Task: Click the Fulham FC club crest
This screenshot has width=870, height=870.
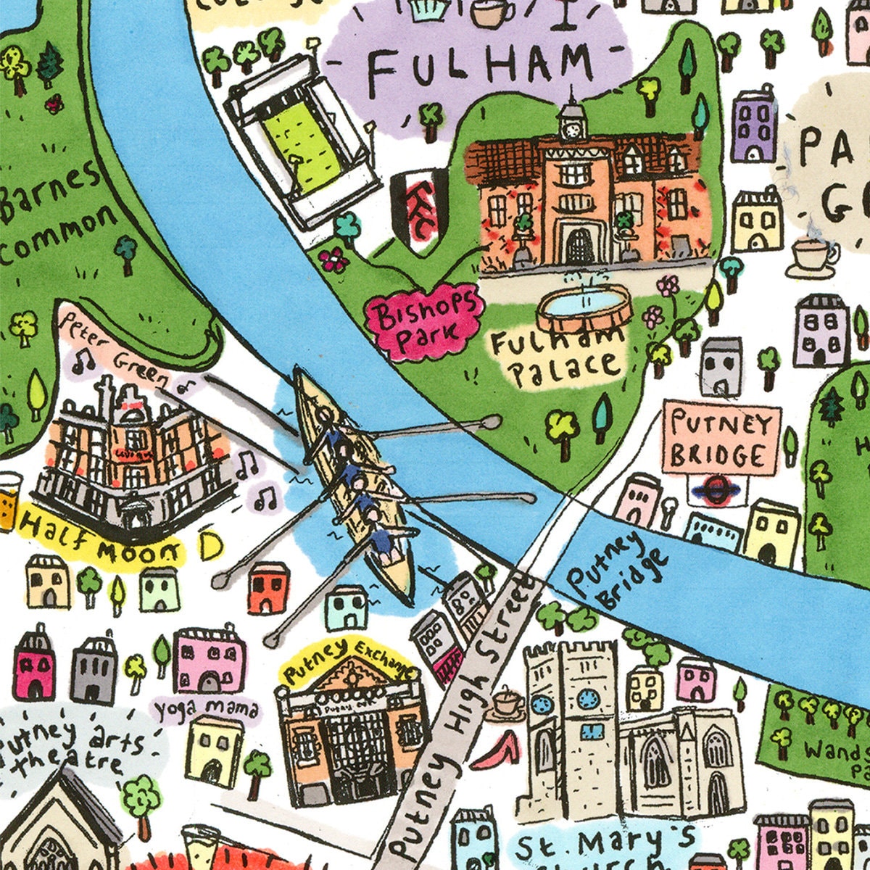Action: pos(419,206)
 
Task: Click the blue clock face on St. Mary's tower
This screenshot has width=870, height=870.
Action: pos(587,697)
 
